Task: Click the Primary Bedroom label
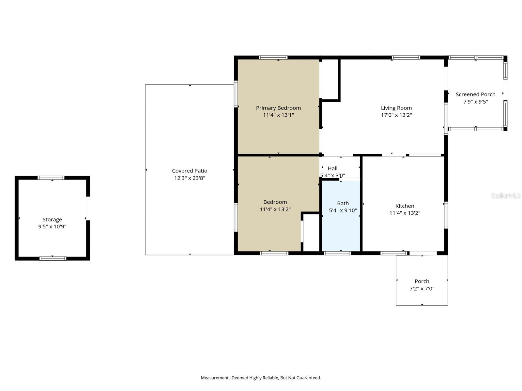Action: click(x=278, y=108)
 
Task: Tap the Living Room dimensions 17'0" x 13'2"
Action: click(x=396, y=115)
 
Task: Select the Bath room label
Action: click(x=343, y=203)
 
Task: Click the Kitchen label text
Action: click(x=405, y=206)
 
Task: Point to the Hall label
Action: click(x=332, y=168)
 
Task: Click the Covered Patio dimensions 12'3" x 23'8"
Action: click(x=190, y=178)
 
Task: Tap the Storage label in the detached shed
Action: click(x=52, y=220)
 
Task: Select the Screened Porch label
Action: click(x=475, y=94)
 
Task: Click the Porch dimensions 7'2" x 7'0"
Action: click(x=422, y=288)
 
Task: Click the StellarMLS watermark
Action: click(x=505, y=195)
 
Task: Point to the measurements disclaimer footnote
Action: click(x=261, y=378)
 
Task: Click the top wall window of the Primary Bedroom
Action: click(x=273, y=58)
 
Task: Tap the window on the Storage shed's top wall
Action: click(x=51, y=178)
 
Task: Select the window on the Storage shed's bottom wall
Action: click(x=53, y=259)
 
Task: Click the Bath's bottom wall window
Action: click(x=337, y=253)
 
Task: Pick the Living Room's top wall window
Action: click(x=406, y=58)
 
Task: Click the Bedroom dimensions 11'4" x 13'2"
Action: click(x=275, y=210)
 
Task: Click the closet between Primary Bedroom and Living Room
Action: click(x=330, y=79)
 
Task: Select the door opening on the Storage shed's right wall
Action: click(x=88, y=208)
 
